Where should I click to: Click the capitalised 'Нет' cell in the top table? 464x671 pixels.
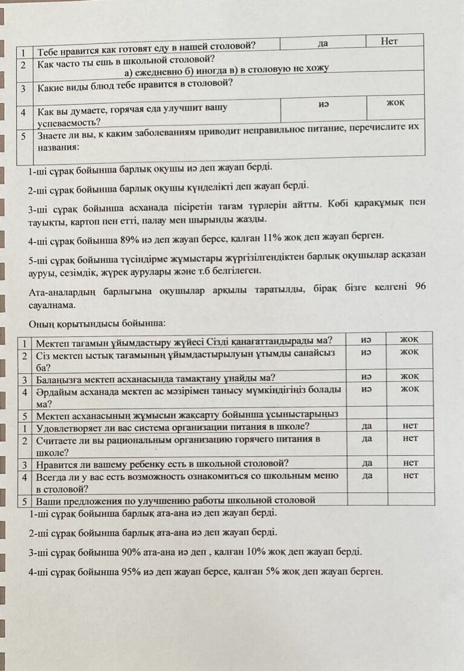[x=390, y=41]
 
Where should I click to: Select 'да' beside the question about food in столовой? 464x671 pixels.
[x=322, y=44]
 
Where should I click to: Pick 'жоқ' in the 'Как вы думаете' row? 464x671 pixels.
[x=395, y=103]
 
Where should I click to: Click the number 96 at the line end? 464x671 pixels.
[x=420, y=287]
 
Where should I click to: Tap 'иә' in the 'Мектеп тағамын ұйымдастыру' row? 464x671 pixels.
[x=366, y=339]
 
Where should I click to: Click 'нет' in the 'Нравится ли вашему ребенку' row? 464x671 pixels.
[x=410, y=462]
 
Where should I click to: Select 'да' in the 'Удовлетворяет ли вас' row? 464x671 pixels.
[x=366, y=425]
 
